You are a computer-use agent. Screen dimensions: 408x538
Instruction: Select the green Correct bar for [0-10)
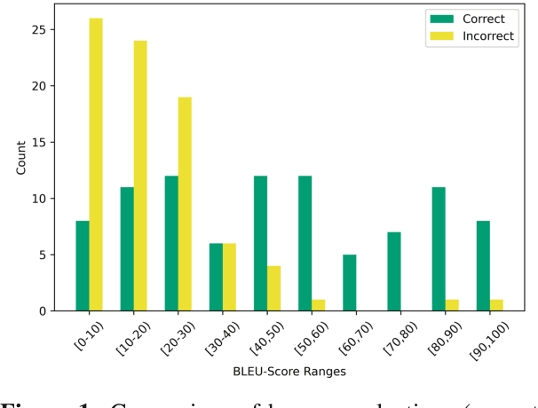pyautogui.click(x=83, y=265)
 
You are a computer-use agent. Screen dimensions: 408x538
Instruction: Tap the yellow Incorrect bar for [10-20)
pyautogui.click(x=140, y=176)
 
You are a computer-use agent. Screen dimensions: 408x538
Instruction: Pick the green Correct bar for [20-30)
pyautogui.click(x=171, y=243)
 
